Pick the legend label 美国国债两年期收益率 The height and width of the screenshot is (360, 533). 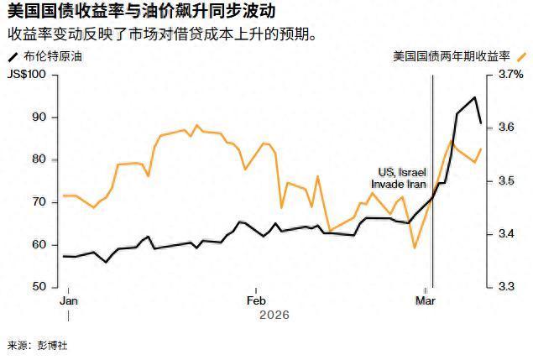click(451, 57)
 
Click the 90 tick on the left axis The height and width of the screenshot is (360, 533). click(40, 117)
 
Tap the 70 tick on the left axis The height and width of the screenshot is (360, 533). click(40, 202)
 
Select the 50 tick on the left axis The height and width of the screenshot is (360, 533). click(40, 286)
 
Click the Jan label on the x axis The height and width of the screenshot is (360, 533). click(69, 300)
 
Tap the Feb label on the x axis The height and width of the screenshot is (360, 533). click(256, 300)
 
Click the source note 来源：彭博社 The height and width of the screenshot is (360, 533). click(36, 345)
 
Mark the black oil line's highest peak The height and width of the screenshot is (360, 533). click(475, 98)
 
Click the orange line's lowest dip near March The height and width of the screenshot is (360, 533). click(415, 248)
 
